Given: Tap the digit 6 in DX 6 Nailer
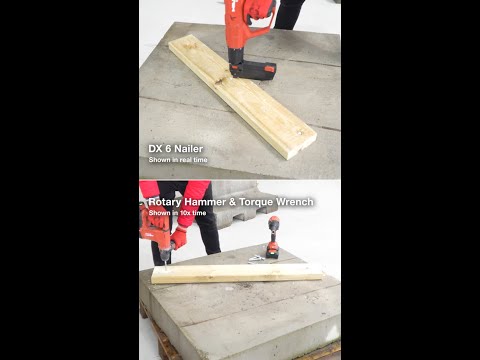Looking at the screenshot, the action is pyautogui.click(x=168, y=149).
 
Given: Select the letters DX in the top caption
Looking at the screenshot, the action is pyautogui.click(x=155, y=149).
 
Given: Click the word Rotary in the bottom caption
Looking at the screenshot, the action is pyautogui.click(x=165, y=202).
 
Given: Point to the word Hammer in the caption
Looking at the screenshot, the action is pyautogui.click(x=205, y=202).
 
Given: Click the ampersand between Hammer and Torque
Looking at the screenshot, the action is pyautogui.click(x=232, y=202).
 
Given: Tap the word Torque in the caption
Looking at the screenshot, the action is pyautogui.click(x=256, y=202).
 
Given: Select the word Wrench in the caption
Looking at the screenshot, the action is pyautogui.click(x=295, y=202).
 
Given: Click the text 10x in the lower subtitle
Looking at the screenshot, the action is pyautogui.click(x=185, y=213).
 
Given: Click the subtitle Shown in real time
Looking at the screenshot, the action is pyautogui.click(x=178, y=160).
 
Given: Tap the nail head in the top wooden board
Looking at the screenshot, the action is pyautogui.click(x=299, y=132).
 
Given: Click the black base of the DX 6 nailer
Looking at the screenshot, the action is pyautogui.click(x=253, y=70).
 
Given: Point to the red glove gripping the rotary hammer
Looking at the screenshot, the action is pyautogui.click(x=179, y=237).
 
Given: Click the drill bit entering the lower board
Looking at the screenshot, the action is pyautogui.click(x=163, y=266).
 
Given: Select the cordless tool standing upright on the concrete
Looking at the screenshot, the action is pyautogui.click(x=273, y=237).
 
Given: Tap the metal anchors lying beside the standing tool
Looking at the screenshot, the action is pyautogui.click(x=256, y=259).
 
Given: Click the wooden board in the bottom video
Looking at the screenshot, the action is pyautogui.click(x=237, y=274).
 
